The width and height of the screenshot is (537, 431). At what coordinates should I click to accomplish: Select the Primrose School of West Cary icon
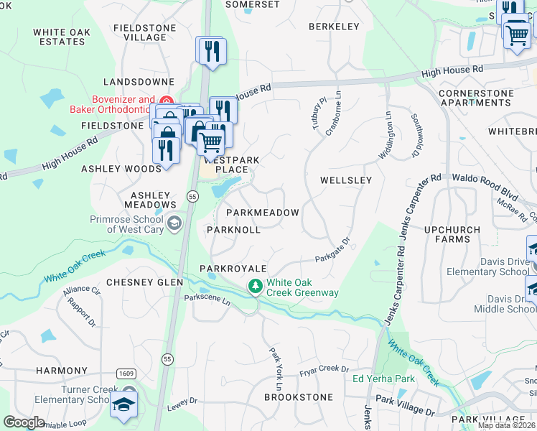173,225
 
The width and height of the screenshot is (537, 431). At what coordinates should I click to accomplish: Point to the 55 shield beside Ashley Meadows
192,196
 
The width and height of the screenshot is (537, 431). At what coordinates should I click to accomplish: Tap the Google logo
24,422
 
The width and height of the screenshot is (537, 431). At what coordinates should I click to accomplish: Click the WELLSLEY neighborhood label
345,180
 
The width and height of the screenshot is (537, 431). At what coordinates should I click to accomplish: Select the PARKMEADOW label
262,213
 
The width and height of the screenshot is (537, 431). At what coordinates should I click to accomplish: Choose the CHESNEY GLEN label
144,282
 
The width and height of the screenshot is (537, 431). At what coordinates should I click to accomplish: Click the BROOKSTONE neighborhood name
299,397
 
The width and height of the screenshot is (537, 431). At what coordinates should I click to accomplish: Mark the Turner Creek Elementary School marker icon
124,404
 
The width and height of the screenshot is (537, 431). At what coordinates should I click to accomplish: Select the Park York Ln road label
275,364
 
